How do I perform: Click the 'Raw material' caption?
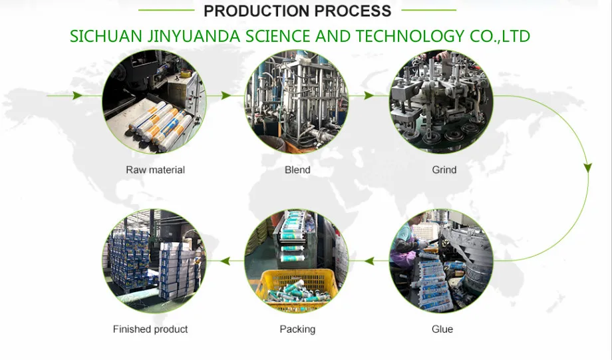tap(155, 170)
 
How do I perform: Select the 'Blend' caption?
tap(297, 170)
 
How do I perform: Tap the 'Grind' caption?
tap(444, 170)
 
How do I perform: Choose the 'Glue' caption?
tap(442, 329)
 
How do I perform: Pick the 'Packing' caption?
tap(297, 329)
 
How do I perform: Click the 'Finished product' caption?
tap(150, 329)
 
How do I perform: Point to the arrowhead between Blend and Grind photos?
tap(370, 96)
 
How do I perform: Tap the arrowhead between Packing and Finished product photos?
tap(225, 262)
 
